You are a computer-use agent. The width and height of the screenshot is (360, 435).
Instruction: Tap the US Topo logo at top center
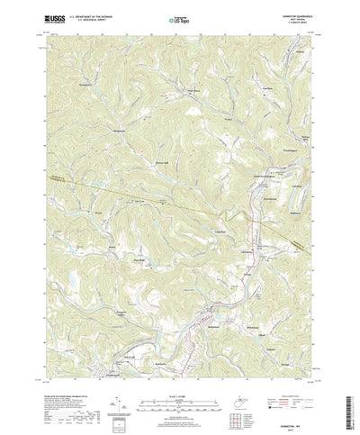coord(180,17)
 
